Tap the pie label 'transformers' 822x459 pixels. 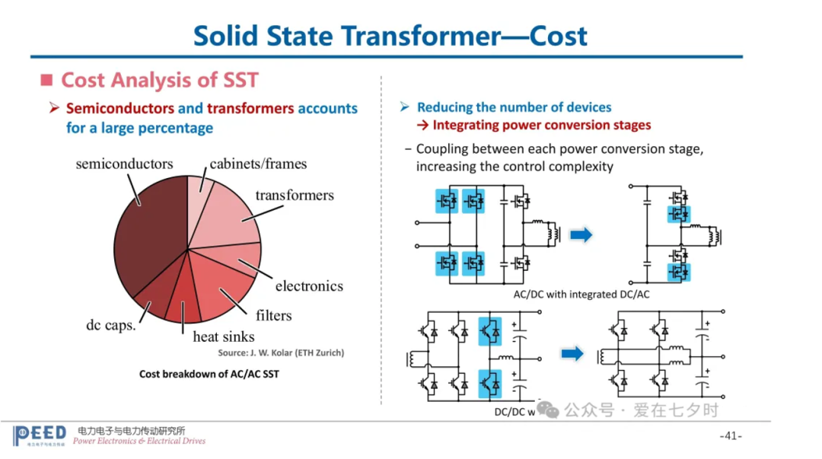coord(295,196)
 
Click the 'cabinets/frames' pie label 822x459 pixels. coord(258,164)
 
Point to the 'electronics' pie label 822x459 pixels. coord(309,286)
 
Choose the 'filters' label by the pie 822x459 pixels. coord(273,315)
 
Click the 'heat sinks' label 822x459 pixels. coord(223,336)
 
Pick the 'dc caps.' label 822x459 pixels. coord(110,325)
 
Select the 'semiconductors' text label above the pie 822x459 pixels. coord(124,164)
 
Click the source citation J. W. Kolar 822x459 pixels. coord(281,352)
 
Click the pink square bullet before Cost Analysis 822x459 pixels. coord(46,80)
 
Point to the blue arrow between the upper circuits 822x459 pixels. coord(581,235)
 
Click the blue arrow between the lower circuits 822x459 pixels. coord(572,353)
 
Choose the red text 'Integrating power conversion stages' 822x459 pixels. coord(533,125)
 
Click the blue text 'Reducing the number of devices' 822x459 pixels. coord(514,107)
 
